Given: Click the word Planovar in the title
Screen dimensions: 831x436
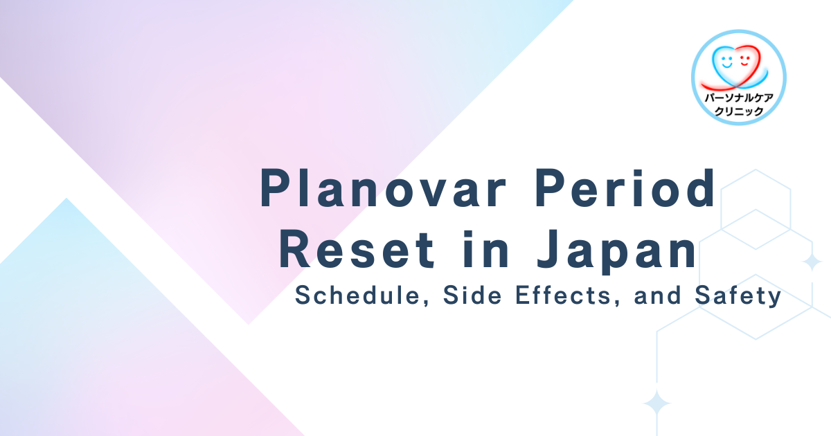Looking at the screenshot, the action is [x=383, y=188].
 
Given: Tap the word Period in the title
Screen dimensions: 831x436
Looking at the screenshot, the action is [x=625, y=188].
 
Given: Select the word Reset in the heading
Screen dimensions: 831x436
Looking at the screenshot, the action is [x=357, y=249].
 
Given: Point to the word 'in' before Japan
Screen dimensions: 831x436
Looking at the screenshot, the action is [x=486, y=249].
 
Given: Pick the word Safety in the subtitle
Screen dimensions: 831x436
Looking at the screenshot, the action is [x=738, y=297].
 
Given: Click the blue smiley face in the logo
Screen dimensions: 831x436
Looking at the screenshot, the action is [x=726, y=62].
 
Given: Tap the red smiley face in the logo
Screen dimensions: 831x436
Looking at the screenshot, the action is [x=745, y=61].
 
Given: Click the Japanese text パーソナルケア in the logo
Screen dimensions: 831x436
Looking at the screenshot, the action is [x=739, y=98].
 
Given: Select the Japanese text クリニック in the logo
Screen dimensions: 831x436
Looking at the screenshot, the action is [x=739, y=111].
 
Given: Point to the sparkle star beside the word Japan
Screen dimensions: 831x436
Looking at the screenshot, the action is [x=812, y=262].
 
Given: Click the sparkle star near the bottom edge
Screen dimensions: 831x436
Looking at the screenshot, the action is [x=657, y=403].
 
